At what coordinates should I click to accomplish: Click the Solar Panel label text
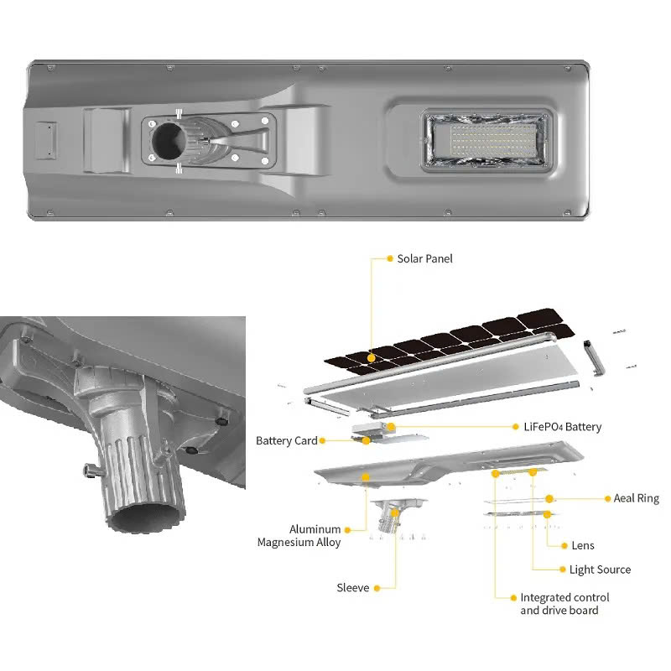424,258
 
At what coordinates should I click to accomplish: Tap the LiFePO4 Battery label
562,427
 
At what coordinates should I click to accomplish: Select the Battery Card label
286,441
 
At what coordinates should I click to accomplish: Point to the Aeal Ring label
636,498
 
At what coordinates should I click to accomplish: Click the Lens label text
583,546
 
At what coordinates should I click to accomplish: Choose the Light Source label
600,570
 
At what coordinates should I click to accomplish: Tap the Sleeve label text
352,588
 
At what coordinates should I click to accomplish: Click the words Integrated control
564,597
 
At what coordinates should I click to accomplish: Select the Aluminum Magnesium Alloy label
299,536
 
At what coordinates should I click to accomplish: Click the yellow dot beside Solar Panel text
390,258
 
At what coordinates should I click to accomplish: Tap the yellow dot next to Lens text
564,546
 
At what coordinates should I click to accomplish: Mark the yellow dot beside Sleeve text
377,589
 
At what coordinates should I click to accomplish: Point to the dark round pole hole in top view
169,140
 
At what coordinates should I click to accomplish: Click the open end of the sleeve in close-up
145,517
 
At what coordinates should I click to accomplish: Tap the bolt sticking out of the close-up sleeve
91,471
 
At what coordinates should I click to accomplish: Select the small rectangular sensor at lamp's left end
46,140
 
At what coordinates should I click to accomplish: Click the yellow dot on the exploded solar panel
371,358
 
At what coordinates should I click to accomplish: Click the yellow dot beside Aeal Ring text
607,499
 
